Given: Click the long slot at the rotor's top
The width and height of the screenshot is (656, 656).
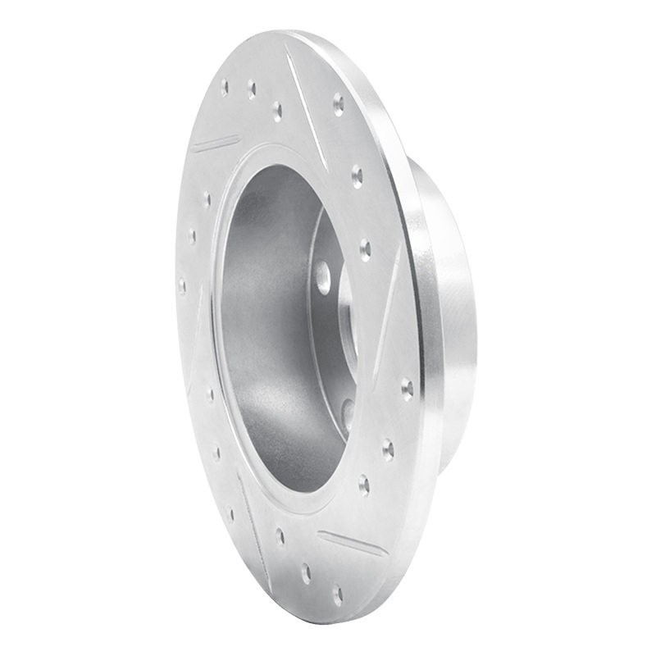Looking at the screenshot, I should (x=306, y=107).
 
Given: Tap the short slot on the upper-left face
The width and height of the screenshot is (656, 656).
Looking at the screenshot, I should (x=216, y=145).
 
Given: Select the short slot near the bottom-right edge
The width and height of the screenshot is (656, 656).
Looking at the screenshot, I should (x=352, y=544).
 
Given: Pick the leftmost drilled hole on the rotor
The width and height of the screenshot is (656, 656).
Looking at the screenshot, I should (x=182, y=286).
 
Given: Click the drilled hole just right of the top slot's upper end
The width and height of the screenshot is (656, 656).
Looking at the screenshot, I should (x=338, y=102).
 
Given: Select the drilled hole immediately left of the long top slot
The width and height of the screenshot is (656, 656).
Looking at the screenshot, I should (x=277, y=109).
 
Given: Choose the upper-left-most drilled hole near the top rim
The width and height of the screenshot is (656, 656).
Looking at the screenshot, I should (x=225, y=86).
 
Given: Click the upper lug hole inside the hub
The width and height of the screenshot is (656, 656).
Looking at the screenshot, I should (x=323, y=276).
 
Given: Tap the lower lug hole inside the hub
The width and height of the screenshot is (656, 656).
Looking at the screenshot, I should (x=348, y=410).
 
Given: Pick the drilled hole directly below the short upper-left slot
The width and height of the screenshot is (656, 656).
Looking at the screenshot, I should (x=206, y=199).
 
